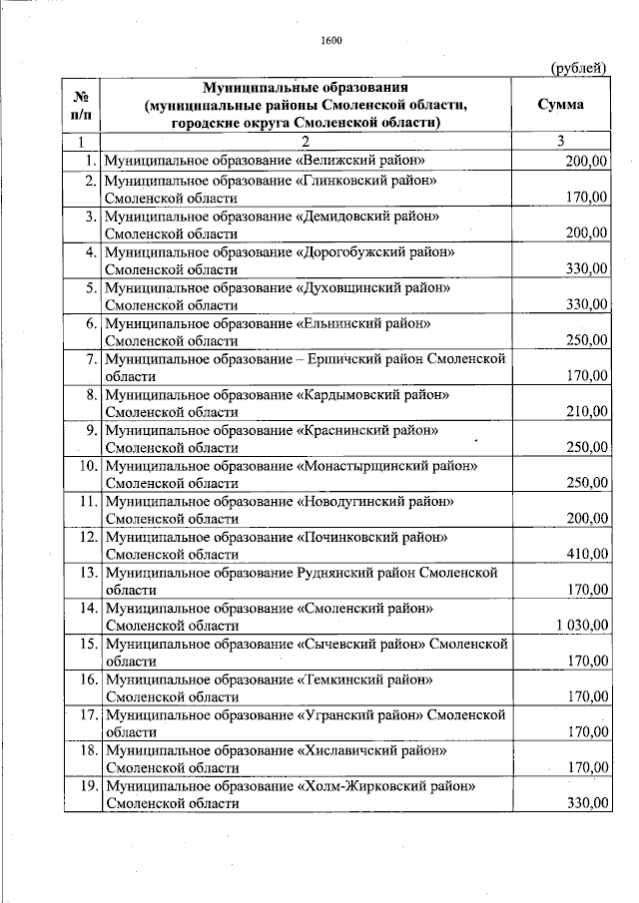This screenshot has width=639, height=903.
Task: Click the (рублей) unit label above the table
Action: click(579, 68)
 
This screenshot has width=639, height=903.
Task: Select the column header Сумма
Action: click(560, 105)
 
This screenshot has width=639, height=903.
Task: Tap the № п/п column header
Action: click(82, 105)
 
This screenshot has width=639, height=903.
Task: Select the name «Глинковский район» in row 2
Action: click(367, 180)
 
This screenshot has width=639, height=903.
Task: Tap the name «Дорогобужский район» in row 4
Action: click(375, 251)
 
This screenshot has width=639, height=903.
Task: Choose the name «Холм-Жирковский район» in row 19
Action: click(384, 786)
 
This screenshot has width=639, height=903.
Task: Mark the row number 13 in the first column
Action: click(87, 573)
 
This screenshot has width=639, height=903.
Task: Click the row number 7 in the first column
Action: click(91, 359)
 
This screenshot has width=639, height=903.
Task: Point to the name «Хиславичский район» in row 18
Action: click(371, 750)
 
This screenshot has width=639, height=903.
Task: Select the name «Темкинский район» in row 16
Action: click(364, 679)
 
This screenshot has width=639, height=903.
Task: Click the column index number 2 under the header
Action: click(307, 141)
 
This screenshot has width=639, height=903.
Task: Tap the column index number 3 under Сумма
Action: click(561, 141)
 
